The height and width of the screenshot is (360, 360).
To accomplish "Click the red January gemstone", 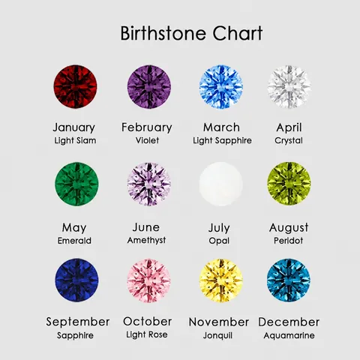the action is (75, 87).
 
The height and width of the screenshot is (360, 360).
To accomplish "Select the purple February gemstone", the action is (149, 87).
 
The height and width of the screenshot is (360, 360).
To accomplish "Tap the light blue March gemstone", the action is (221, 87).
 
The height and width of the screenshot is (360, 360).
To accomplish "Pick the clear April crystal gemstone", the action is (289, 87).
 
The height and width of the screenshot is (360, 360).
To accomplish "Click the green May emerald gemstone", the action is (76, 184).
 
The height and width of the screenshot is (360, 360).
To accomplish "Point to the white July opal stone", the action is (221, 184).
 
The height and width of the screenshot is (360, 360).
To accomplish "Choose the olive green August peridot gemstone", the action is (289, 184).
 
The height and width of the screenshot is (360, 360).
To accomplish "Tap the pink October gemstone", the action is (149, 280).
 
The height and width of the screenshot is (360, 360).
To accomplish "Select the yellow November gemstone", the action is (221, 280).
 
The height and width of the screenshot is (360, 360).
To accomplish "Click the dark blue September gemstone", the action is (76, 280).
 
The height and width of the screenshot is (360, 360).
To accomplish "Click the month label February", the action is (147, 127).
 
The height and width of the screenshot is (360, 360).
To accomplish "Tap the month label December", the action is (289, 322).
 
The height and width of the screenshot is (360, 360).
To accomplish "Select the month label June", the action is (146, 227).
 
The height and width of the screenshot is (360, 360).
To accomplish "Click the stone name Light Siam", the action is (75, 140).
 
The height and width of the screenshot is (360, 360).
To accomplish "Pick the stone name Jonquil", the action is (217, 335).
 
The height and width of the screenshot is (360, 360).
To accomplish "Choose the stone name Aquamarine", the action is (289, 335).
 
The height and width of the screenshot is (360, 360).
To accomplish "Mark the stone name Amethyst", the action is (146, 241).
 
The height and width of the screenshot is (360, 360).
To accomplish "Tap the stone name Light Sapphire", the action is (222, 140).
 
